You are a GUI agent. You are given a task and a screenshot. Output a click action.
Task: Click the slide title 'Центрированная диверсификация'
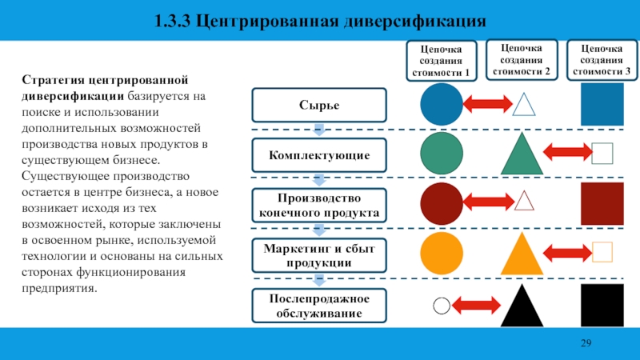320,19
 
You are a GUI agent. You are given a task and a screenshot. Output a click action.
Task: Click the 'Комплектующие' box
320,154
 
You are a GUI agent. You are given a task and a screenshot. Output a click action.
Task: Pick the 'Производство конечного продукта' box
320,206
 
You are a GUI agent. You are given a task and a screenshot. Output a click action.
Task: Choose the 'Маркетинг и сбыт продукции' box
320,255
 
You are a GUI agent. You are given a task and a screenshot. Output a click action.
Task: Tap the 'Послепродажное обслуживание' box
320,306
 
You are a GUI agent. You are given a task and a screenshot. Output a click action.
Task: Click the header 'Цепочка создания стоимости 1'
442,62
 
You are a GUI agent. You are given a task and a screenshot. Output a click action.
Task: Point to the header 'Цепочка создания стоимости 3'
602,60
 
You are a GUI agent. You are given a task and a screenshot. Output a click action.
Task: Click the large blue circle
442,104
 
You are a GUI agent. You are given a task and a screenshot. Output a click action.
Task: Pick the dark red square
602,204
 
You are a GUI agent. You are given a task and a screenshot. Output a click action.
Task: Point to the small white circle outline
441,305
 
